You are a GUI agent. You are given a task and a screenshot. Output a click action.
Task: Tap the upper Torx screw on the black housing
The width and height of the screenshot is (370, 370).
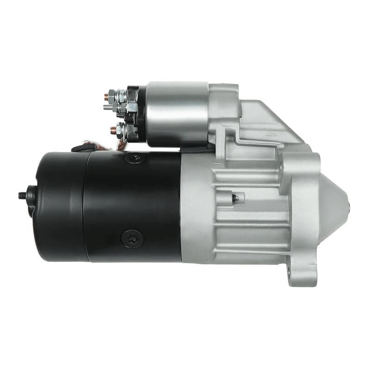coord(134,158)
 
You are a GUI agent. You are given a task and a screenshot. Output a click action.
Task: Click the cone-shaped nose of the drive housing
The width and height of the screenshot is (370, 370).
coord(338,203)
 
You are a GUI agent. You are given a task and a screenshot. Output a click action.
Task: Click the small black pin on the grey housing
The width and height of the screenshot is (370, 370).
coord(235,198)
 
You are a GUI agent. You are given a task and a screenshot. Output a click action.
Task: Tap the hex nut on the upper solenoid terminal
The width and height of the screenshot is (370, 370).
coord(121,95)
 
